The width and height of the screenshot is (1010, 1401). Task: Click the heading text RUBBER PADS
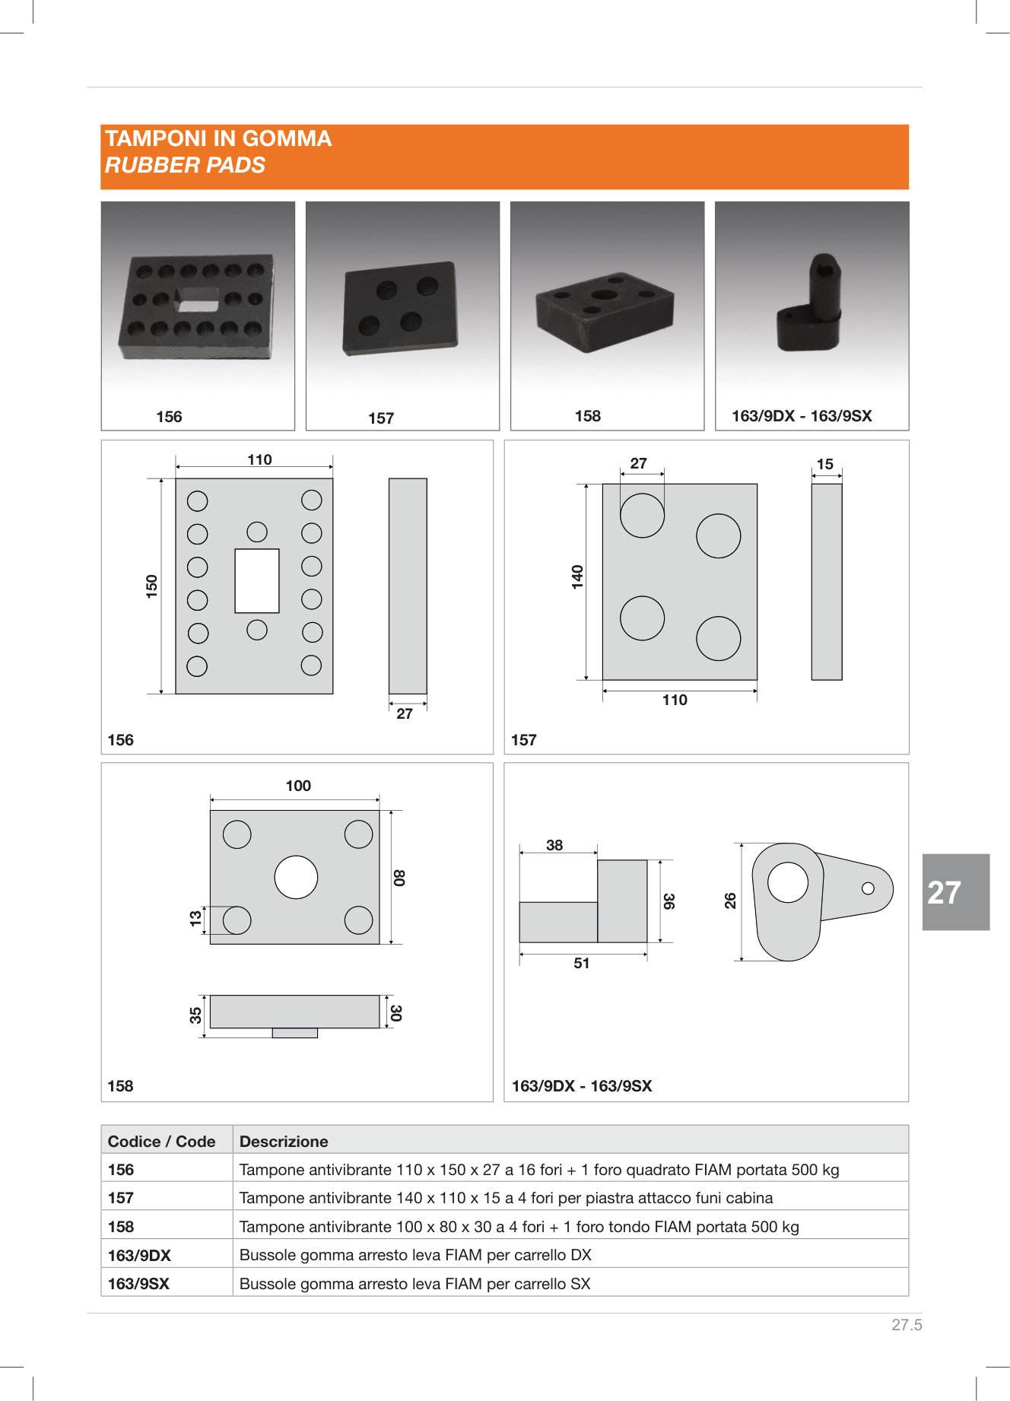click(x=185, y=165)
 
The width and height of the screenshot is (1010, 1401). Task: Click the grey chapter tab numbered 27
click(x=955, y=891)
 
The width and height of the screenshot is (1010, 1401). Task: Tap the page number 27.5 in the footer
click(x=906, y=1324)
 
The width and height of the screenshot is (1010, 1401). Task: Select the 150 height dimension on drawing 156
click(x=152, y=586)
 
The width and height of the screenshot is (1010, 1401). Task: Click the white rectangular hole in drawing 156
click(x=257, y=580)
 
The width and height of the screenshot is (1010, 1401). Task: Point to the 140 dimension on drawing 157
click(x=577, y=577)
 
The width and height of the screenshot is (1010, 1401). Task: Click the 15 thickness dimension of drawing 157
click(x=825, y=464)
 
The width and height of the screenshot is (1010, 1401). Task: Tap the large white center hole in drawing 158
click(x=296, y=877)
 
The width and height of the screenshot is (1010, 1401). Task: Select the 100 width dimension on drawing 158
click(x=298, y=786)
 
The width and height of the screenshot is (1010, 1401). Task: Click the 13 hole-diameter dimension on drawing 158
click(x=195, y=919)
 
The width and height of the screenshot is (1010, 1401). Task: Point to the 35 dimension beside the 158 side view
click(x=195, y=1015)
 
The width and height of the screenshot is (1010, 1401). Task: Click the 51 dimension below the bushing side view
click(x=582, y=963)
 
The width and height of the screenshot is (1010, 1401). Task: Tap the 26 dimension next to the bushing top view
click(x=730, y=901)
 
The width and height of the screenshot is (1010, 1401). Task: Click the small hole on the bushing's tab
click(x=868, y=888)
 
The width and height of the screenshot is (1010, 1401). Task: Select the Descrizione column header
click(x=284, y=1141)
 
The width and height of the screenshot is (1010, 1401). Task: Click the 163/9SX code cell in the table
click(x=138, y=1284)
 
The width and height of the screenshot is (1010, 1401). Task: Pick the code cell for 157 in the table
click(x=121, y=1198)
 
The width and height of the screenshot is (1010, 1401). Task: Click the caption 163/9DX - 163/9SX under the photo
click(x=802, y=416)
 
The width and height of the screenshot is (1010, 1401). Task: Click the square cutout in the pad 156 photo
click(x=198, y=301)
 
